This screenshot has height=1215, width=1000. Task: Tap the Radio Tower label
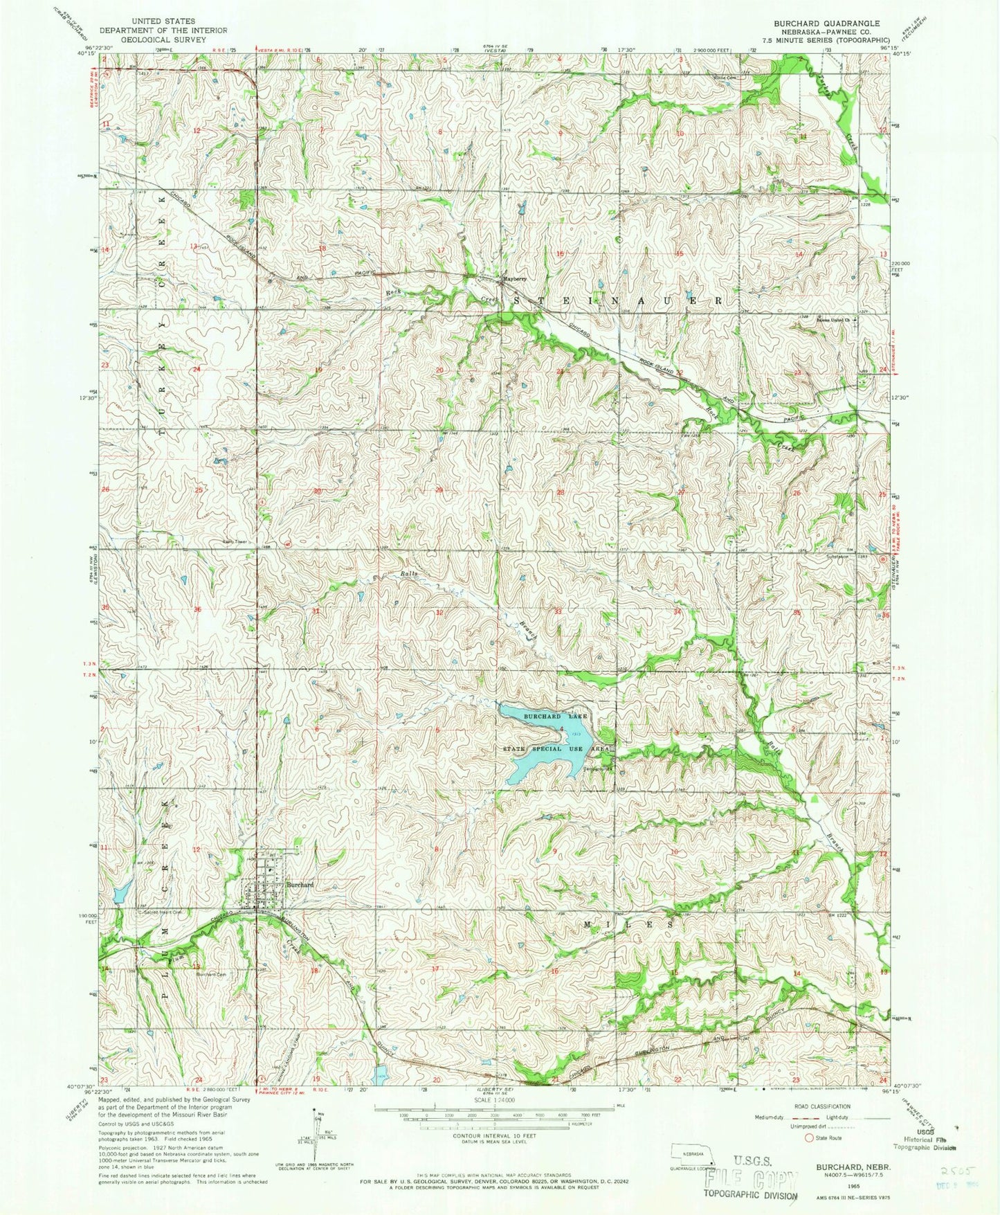tap(215, 542)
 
